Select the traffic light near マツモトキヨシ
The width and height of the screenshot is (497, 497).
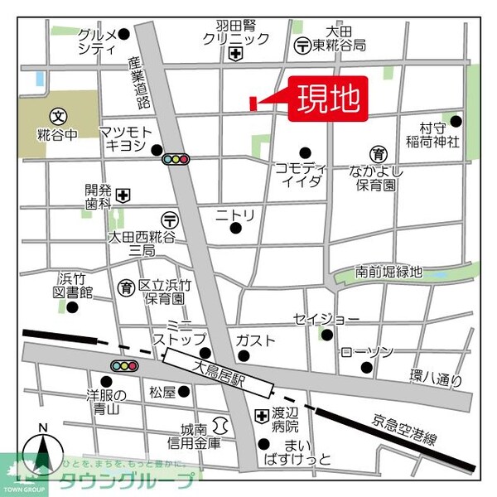click(x=176, y=158)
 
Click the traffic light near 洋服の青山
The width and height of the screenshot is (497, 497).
click(x=125, y=365)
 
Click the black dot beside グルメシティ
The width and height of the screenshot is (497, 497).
click(x=124, y=34)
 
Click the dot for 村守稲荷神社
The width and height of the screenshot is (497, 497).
click(x=455, y=121)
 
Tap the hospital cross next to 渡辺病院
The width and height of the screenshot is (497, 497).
click(x=261, y=415)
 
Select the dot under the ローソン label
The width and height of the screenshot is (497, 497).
click(x=344, y=354)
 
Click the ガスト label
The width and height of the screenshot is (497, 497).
click(x=255, y=340)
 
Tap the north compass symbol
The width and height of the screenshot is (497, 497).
click(x=43, y=453)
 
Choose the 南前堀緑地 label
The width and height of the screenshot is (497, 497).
click(x=388, y=272)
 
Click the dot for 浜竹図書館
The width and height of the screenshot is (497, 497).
click(x=71, y=307)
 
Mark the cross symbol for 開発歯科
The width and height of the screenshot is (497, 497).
click(x=123, y=195)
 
